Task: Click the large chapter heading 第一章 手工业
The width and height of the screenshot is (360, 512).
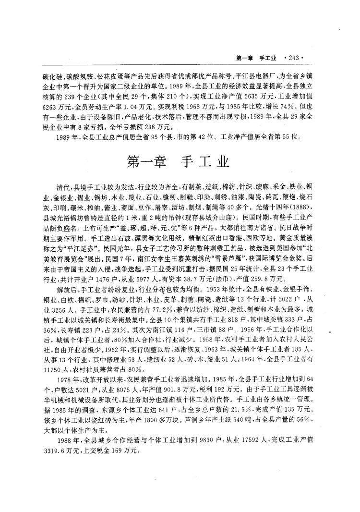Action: point(180,161)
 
